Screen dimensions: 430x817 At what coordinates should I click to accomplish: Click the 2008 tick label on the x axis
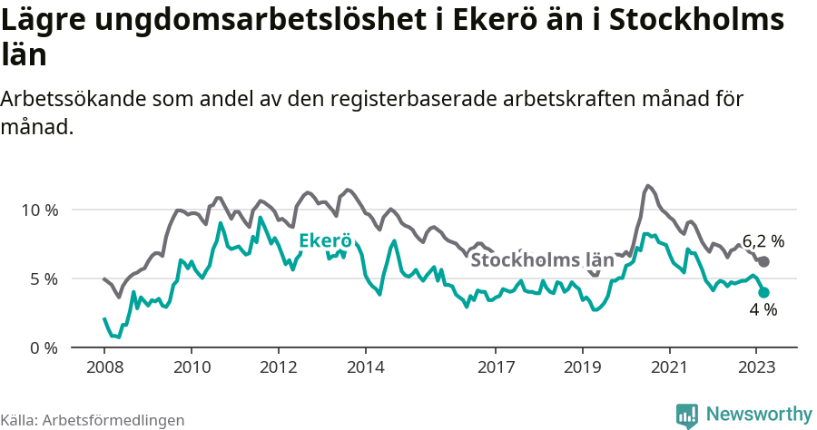[104, 367]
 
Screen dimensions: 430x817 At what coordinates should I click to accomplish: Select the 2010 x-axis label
[192, 367]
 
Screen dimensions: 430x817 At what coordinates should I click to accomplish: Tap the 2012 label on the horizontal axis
[278, 367]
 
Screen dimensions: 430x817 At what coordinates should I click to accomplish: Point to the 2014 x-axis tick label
[365, 367]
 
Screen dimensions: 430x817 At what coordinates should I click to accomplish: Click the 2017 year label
[496, 367]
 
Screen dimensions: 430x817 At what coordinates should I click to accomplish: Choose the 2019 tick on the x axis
[582, 367]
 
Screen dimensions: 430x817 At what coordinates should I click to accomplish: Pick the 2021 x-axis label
[669, 367]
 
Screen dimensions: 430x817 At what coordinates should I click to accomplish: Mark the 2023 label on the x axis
[756, 367]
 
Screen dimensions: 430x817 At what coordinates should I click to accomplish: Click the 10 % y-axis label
[39, 210]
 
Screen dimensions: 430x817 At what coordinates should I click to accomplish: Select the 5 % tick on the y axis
[43, 279]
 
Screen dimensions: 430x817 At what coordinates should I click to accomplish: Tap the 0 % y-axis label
[43, 348]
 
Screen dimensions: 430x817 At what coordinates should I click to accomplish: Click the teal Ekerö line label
[325, 241]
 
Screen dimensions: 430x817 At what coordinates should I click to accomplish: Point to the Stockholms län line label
[542, 260]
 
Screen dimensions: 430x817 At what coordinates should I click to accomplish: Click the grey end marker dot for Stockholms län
[763, 261]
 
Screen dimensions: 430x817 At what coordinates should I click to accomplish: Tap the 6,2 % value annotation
[763, 241]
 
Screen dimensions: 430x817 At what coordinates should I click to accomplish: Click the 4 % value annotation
[763, 310]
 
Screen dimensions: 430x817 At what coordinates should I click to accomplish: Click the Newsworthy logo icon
[687, 415]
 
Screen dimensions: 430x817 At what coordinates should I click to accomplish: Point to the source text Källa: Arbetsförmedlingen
[93, 420]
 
